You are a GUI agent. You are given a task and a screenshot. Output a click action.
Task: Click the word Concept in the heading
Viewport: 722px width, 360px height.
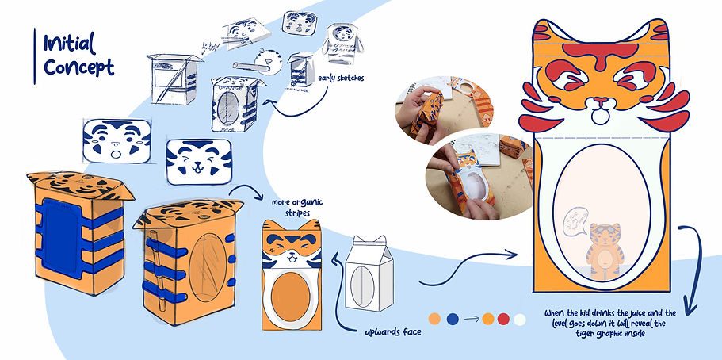(79, 67)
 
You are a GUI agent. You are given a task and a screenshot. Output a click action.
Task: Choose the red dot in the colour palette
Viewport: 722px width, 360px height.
(503, 319)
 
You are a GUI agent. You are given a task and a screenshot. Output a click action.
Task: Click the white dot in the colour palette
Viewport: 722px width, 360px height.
(520, 319)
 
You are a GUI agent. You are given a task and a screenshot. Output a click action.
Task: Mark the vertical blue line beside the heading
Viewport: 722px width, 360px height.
(35, 56)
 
